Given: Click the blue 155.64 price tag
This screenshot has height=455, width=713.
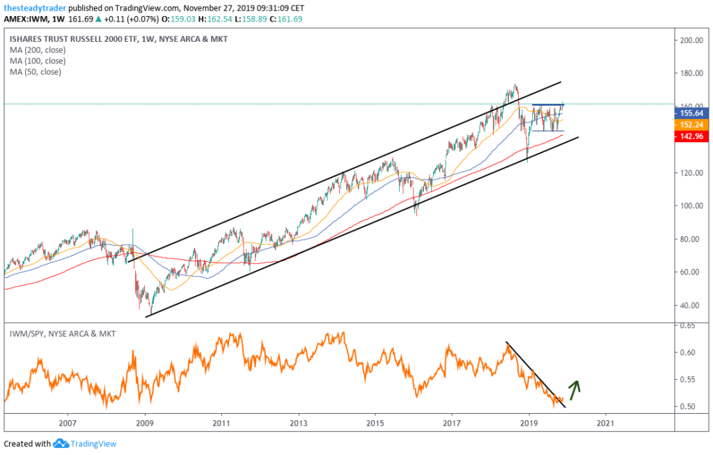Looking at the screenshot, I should [692, 112].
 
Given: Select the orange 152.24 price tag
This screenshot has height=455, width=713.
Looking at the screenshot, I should [692, 125].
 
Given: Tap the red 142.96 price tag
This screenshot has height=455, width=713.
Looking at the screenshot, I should [692, 137].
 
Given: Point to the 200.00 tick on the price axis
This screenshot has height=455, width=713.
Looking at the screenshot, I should [691, 40].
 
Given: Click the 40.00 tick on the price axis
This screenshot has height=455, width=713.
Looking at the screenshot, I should [691, 305].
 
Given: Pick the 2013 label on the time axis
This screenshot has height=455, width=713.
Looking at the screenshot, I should [298, 423].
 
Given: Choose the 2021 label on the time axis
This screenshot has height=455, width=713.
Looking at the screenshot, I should [606, 423].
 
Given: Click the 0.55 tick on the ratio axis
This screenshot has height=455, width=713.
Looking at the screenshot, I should [689, 380].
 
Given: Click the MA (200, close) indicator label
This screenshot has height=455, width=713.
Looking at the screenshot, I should [36, 49].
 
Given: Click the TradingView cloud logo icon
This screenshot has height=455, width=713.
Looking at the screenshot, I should [60, 444].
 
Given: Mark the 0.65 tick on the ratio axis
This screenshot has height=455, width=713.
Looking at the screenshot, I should [689, 325].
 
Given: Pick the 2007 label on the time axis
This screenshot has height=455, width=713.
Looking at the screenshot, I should [68, 423].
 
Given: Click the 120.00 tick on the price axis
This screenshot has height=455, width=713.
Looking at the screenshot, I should [691, 173].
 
